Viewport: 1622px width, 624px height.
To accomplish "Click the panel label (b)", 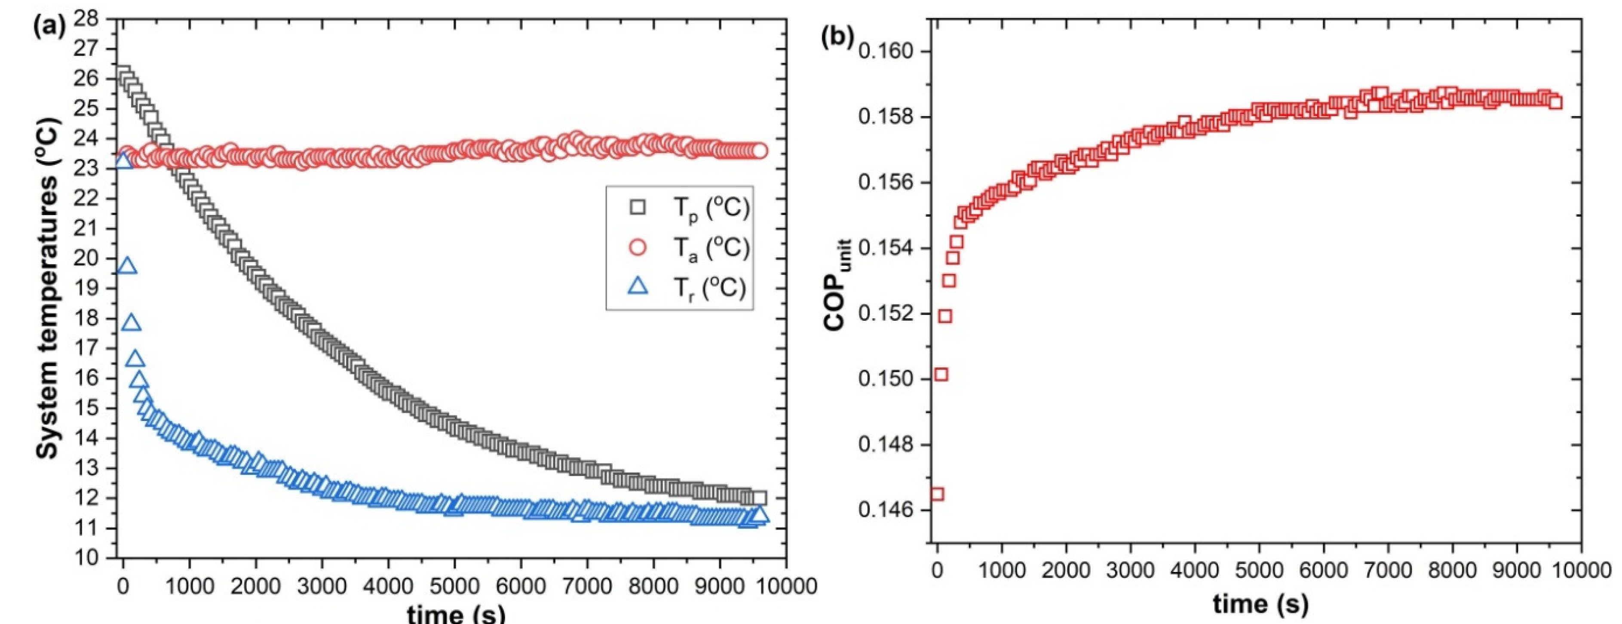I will pos(837,38).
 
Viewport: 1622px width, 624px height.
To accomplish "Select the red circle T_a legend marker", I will pos(638,247).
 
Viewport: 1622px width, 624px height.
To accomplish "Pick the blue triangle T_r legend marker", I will pos(638,287).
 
